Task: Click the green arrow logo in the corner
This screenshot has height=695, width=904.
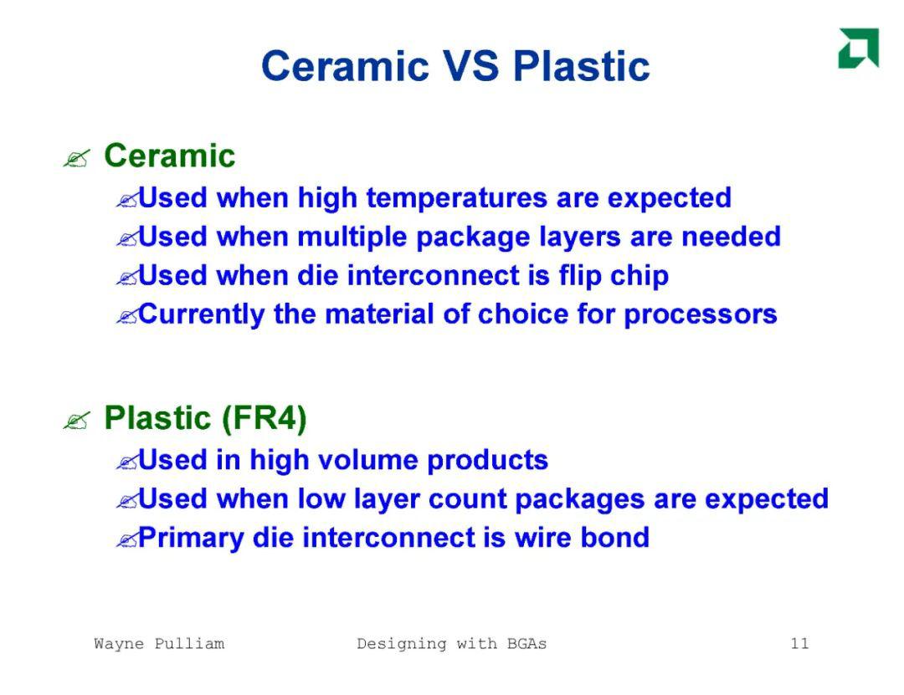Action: coord(859,48)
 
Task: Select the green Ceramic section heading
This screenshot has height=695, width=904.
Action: coord(169,156)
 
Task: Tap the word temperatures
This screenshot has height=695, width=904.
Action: coord(457,198)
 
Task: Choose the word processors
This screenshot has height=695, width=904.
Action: coord(701,315)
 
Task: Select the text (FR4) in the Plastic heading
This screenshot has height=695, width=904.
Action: coord(264,418)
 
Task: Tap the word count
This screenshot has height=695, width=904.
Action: coord(467,499)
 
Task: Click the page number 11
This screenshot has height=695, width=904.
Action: coord(799,643)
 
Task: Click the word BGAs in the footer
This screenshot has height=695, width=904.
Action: coord(526,643)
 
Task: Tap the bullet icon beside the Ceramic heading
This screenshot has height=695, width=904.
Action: coord(77,158)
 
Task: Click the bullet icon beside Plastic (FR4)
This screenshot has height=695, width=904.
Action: coord(77,421)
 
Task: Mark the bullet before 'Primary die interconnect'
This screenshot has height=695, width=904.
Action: coord(127,540)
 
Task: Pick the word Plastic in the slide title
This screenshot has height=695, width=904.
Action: coord(582,66)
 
